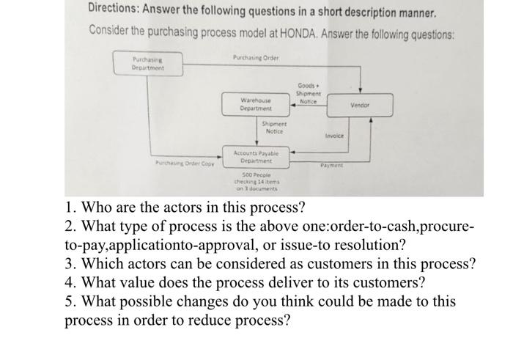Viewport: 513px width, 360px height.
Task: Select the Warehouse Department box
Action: [x=256, y=104]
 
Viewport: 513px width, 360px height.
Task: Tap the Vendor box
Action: [x=360, y=105]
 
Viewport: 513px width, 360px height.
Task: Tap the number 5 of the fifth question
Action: [x=68, y=301]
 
